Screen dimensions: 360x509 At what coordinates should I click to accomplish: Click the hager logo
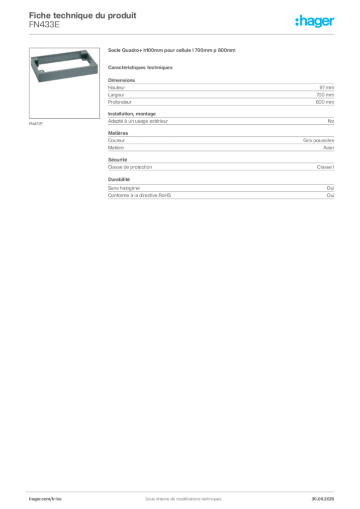click(315, 21)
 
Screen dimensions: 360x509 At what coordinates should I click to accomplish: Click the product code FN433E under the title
click(44, 25)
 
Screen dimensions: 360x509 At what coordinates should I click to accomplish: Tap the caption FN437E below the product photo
click(36, 124)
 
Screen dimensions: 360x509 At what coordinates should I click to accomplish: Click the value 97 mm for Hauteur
click(327, 87)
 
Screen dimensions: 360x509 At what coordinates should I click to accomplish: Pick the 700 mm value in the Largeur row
click(325, 95)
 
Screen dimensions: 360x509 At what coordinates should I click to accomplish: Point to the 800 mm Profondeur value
click(325, 102)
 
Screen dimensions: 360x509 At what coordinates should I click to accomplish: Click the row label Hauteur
click(116, 87)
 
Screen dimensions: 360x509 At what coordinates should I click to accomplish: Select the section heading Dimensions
click(121, 80)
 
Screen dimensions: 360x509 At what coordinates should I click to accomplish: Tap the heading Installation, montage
click(132, 114)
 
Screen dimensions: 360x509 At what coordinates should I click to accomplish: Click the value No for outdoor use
click(331, 121)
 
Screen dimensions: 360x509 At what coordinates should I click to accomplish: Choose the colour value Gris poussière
click(318, 140)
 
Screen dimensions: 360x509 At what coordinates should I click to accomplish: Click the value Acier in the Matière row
click(329, 148)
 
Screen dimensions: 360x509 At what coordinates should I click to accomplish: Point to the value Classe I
click(325, 167)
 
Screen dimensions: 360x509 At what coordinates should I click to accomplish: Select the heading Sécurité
click(117, 160)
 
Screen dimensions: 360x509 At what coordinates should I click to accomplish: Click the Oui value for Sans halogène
click(331, 188)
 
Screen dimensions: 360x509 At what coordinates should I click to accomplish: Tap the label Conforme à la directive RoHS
click(139, 195)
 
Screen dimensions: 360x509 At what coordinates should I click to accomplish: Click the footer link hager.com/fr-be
click(45, 499)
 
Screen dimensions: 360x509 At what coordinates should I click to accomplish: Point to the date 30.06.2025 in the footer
click(323, 499)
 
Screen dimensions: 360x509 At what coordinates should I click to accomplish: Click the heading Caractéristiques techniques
click(140, 68)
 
